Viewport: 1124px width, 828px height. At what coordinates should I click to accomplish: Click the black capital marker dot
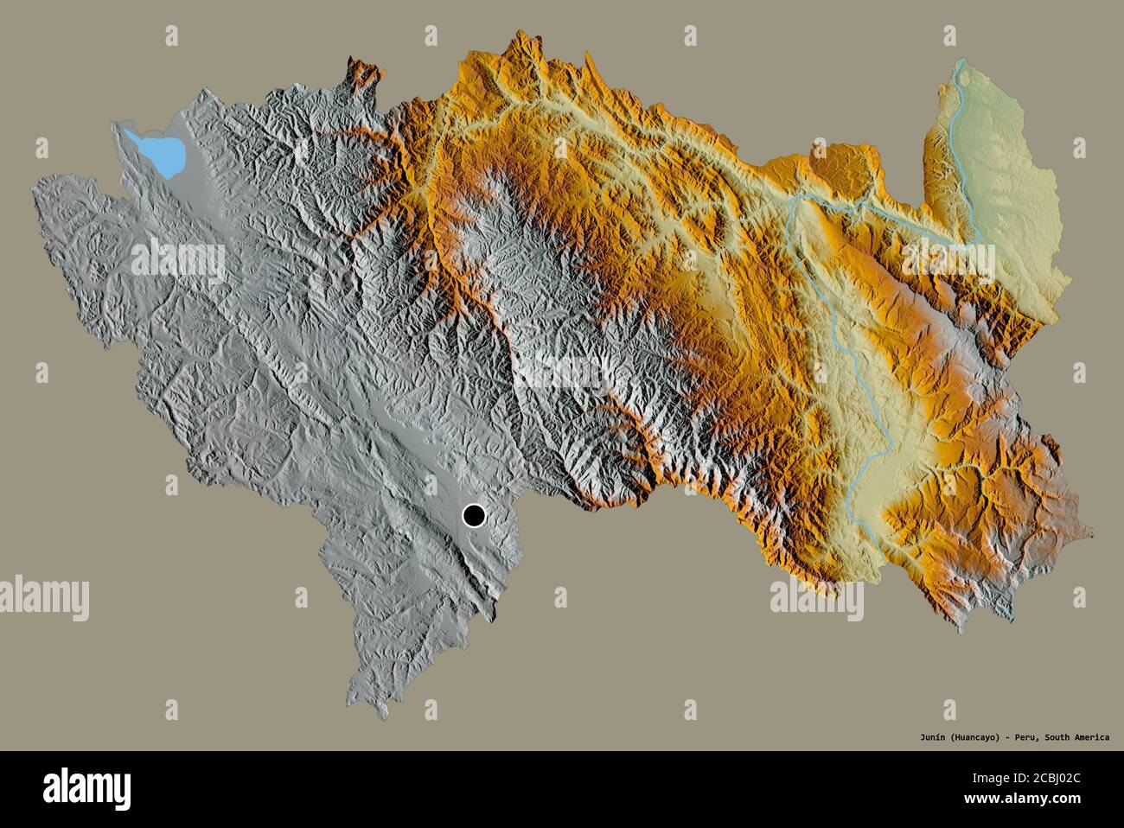click(474, 516)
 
